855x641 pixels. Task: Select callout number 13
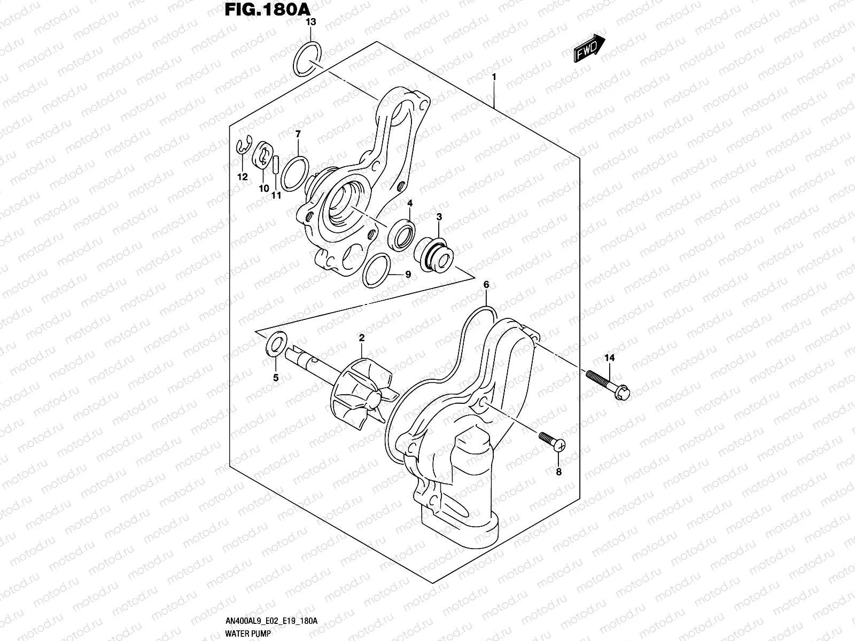pyautogui.click(x=310, y=22)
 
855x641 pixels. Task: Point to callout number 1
pyautogui.click(x=494, y=77)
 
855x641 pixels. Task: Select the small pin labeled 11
pyautogui.click(x=276, y=164)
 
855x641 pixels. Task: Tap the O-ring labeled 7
pyautogui.click(x=294, y=174)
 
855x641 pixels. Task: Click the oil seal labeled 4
pyautogui.click(x=402, y=234)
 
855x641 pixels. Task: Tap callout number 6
pyautogui.click(x=486, y=285)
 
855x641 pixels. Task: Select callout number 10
pyautogui.click(x=264, y=189)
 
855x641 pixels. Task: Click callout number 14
pyautogui.click(x=609, y=358)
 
